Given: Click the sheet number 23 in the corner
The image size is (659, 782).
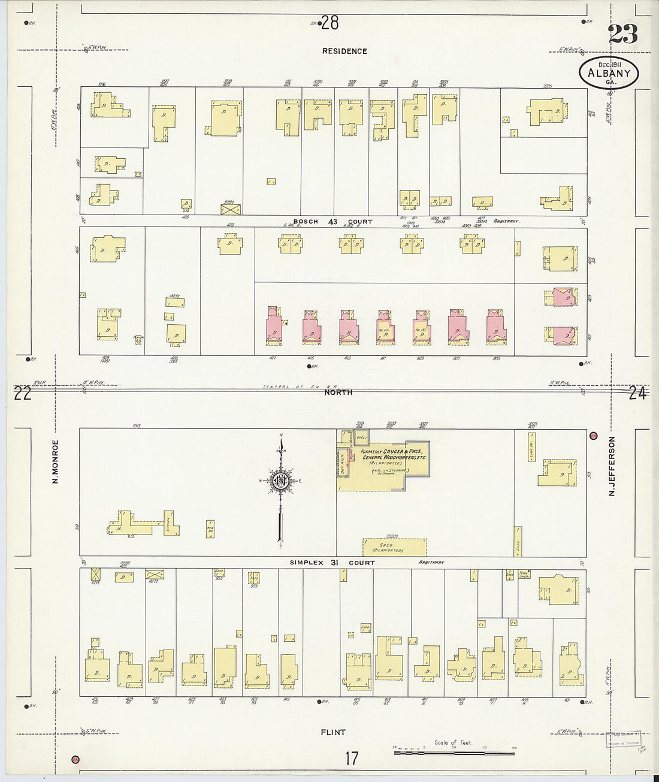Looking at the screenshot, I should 622,34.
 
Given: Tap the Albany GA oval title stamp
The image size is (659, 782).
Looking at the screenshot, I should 609,73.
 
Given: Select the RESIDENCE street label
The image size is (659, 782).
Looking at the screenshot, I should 344,52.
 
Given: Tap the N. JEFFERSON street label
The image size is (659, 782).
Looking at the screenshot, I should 612,466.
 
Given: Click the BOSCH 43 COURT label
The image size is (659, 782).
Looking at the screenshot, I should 332,222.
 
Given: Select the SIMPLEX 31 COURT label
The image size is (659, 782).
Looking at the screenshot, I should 332,563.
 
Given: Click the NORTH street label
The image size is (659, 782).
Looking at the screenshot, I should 338,392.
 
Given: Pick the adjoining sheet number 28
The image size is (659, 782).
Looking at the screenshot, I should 329,23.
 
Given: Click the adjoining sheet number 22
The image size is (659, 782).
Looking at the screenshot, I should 23,394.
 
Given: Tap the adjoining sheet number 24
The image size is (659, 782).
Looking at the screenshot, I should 638,394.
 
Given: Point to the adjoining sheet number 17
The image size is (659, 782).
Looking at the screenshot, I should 351,758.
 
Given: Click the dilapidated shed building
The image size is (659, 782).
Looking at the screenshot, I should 395,547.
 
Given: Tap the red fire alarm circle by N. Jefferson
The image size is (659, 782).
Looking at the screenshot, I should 594,435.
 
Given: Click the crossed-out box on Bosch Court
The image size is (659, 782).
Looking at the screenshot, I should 231,209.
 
